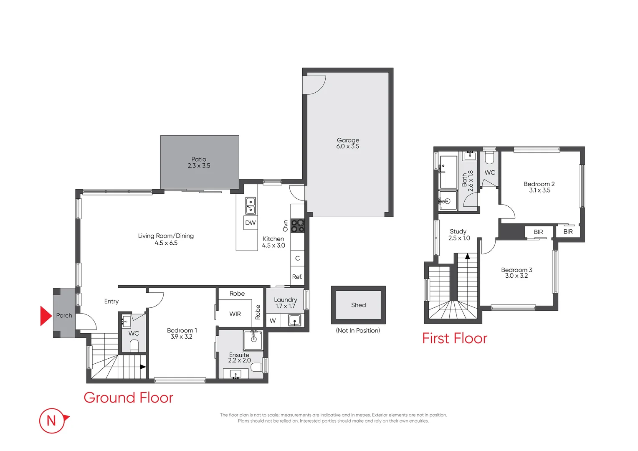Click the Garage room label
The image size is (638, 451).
click(348, 140)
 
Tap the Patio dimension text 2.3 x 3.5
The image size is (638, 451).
click(199, 166)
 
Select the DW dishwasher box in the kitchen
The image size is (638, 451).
click(251, 223)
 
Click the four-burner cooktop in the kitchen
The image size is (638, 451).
click(297, 226)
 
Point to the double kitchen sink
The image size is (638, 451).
click(250, 205)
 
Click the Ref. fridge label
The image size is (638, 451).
click(297, 277)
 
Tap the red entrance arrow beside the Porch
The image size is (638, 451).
click(46, 316)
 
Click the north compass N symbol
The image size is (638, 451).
click(52, 421)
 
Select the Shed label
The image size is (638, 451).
click(358, 305)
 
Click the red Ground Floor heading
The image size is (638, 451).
click(128, 398)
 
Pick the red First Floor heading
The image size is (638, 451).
click(454, 338)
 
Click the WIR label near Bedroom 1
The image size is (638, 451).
click(235, 314)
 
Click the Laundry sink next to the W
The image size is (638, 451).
click(294, 321)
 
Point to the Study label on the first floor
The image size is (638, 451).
click(458, 231)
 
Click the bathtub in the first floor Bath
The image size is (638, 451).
click(449, 172)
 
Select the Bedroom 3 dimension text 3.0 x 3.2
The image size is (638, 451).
click(516, 276)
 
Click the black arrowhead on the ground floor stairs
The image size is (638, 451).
click(143, 367)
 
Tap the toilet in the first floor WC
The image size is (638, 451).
click(489, 157)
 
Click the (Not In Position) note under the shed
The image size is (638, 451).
click(358, 331)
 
